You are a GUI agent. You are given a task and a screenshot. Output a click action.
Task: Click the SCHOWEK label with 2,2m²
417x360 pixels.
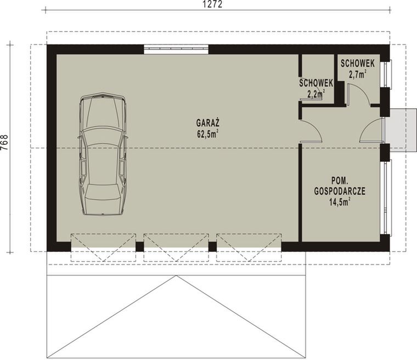316,83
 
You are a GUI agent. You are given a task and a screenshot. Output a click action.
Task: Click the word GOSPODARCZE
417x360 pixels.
340,192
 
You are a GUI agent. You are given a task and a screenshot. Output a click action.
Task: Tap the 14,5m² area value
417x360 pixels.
340,202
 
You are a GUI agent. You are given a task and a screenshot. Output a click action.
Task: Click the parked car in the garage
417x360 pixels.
102,154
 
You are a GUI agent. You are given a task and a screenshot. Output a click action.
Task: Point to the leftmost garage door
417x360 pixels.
103,246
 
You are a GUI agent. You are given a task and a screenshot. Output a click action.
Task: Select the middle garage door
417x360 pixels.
176,246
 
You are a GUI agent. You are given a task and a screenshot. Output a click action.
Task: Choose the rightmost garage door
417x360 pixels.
249,246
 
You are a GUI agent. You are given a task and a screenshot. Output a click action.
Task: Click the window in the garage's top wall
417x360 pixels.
176,49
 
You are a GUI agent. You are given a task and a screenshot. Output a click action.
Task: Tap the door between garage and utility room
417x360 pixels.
310,132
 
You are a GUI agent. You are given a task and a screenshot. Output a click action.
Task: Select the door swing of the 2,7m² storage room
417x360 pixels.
358,93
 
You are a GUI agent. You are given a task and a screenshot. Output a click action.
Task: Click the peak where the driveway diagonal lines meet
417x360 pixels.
176,277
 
